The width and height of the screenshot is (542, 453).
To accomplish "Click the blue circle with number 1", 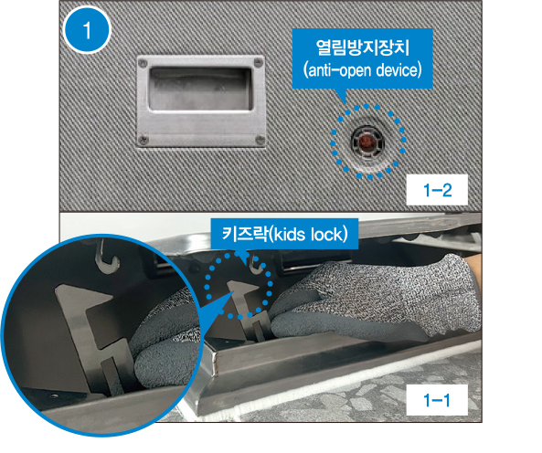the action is pos(87,30).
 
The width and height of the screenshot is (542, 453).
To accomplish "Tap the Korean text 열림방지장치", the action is pos(362,47).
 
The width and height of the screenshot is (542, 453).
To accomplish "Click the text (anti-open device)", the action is pos(362,70).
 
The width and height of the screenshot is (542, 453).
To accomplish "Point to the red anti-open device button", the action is pos(367,142).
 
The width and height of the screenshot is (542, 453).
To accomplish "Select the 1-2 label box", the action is pos(437,190).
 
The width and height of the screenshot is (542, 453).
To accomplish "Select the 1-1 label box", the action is pos(437,400).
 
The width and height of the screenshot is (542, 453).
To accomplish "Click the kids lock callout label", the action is pos(284,234).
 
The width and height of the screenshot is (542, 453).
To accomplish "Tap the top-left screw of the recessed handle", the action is pos(142,64).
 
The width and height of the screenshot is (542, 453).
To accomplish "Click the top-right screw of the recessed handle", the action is pos(257,63).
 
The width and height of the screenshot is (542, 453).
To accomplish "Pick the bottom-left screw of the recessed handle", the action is pos(143,140).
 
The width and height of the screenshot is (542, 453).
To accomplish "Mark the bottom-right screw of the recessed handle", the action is pos(260,140).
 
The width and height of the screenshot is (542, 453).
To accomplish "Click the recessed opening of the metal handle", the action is pos(200,89).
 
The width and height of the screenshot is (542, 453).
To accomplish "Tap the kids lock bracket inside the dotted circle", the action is pos(247,309).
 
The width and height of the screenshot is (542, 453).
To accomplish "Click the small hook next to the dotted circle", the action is pos(256,264).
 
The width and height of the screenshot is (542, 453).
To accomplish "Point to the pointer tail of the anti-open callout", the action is pos(341,95).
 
